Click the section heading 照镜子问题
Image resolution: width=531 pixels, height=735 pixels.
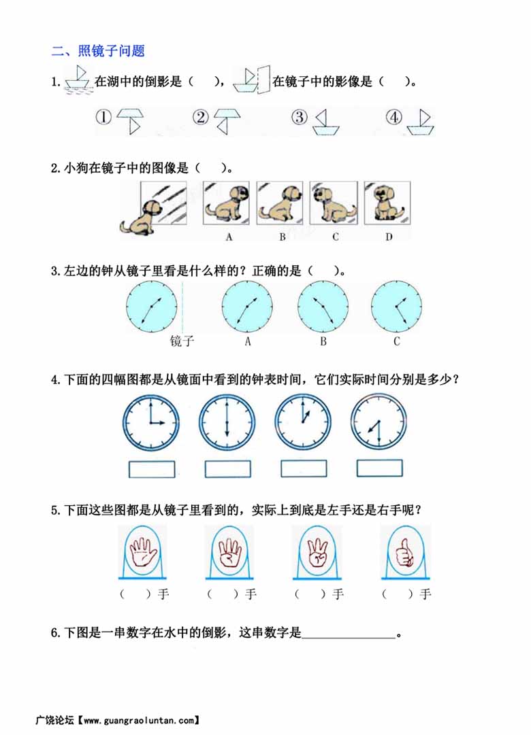coord(111,50)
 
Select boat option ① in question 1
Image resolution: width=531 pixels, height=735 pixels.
coord(130,122)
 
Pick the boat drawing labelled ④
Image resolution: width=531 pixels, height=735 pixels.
coord(420,122)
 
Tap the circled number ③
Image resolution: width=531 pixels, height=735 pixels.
coord(299,117)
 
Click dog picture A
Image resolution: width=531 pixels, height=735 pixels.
coord(226,203)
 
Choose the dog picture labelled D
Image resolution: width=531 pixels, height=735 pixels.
coord(387,203)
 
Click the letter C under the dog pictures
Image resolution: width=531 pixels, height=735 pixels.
coord(335,237)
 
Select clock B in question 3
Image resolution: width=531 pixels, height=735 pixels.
coord(323,307)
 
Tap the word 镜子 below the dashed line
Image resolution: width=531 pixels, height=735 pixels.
coord(182,341)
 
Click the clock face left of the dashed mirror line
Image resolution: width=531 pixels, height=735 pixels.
coord(152,307)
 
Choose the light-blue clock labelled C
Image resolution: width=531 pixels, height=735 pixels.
coord(396,307)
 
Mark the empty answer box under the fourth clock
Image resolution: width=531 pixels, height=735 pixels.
coord(379,468)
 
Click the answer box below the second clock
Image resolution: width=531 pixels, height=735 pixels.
coord(227,468)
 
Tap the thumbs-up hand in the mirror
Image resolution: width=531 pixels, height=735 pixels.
coord(403,551)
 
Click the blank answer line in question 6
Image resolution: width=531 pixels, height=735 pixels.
coord(349,638)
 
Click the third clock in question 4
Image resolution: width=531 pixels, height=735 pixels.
coord(303,422)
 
